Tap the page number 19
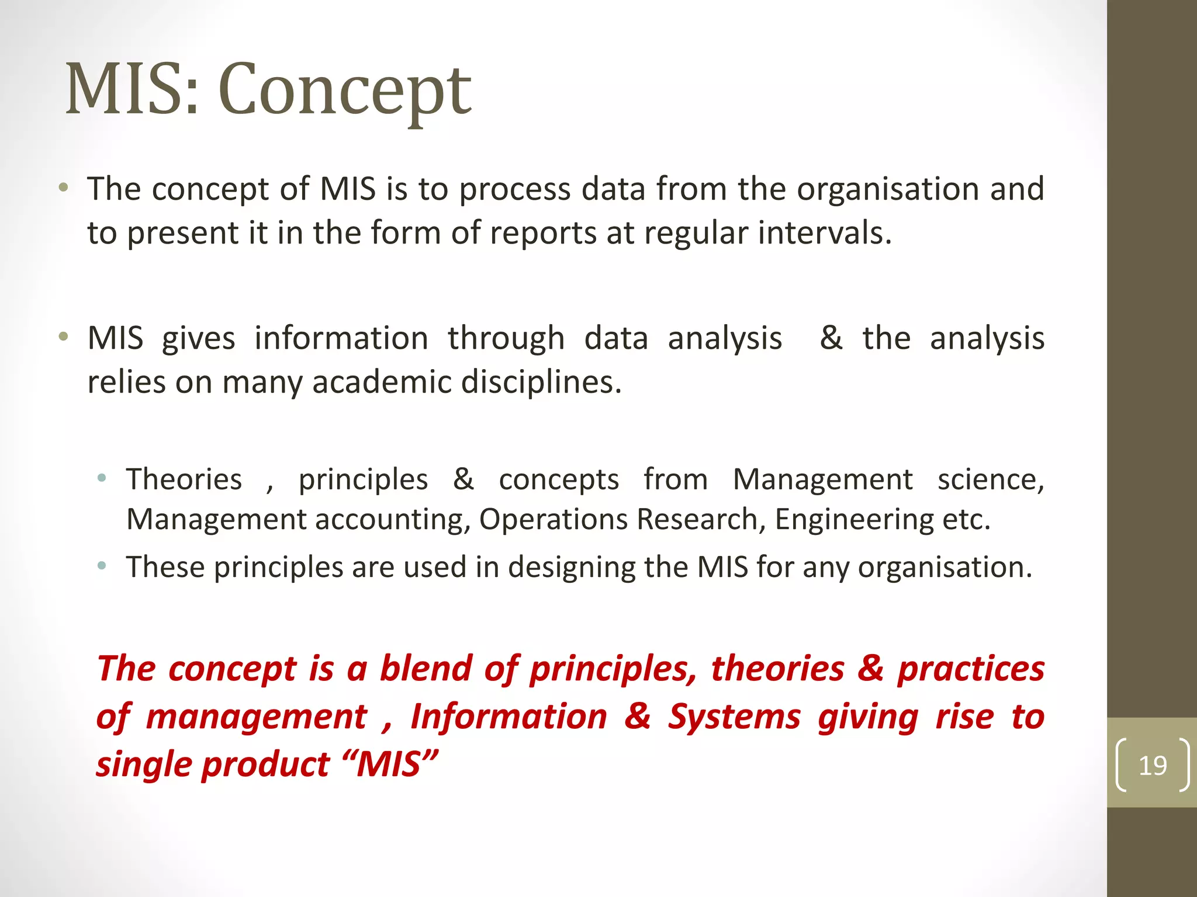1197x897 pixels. pyautogui.click(x=1153, y=766)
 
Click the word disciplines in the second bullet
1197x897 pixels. pyautogui.click(x=541, y=383)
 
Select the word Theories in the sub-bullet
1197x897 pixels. pyautogui.click(x=184, y=479)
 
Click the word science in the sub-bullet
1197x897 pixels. pyautogui.click(x=990, y=479)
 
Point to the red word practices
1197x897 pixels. pyautogui.click(x=971, y=668)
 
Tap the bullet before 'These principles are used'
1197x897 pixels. pyautogui.click(x=102, y=566)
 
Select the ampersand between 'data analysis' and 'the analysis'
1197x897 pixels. pyautogui.click(x=831, y=338)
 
